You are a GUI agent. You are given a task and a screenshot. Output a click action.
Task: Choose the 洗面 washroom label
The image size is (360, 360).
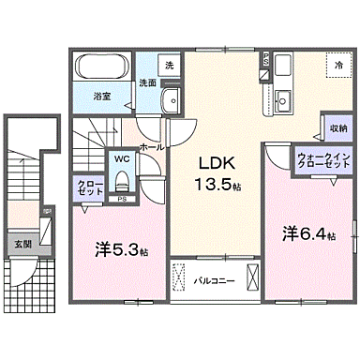[147, 82]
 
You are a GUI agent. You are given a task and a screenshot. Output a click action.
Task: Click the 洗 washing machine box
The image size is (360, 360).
[169, 66]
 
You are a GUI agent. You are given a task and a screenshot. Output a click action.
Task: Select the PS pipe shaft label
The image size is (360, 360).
[123, 200]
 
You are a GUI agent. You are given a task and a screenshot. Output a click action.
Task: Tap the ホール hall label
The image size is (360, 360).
[151, 147]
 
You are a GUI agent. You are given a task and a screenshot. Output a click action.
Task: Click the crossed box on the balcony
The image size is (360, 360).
[250, 279]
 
